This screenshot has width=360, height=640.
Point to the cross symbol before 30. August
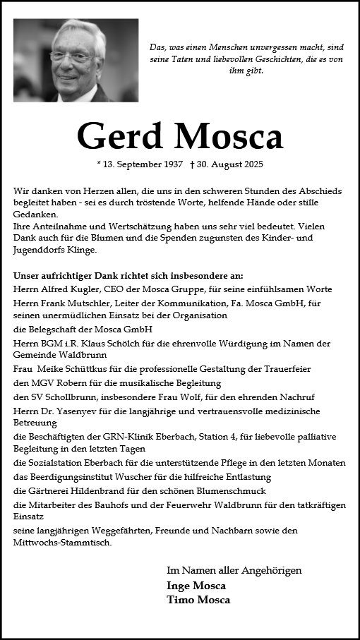tap(192, 164)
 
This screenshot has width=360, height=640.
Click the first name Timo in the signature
tap(179, 600)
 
